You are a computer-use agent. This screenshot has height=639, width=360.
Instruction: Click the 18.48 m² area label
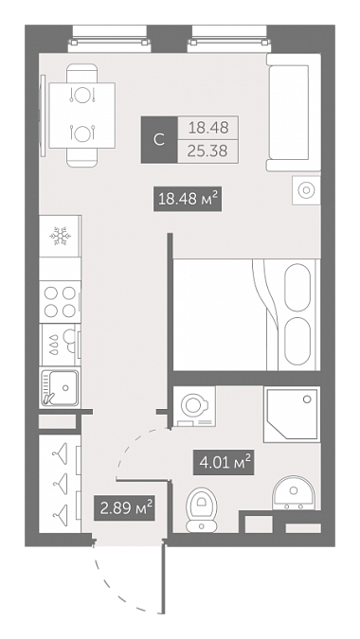(188, 199)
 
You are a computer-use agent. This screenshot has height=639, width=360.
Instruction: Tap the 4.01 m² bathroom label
(224, 463)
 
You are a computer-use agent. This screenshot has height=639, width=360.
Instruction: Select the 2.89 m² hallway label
(124, 507)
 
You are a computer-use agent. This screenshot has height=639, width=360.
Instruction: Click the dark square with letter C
(159, 140)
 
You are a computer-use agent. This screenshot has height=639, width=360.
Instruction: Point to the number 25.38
(207, 151)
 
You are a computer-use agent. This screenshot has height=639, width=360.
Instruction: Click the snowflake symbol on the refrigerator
(59, 237)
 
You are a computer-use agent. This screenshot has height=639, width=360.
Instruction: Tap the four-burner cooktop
(60, 302)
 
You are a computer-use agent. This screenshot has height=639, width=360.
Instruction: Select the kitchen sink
(60, 387)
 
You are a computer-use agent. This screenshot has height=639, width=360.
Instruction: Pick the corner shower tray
(292, 414)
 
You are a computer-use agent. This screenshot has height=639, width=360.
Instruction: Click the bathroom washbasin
(294, 492)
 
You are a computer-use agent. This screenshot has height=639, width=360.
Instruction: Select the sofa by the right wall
(294, 113)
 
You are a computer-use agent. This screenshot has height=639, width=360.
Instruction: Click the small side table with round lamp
(306, 190)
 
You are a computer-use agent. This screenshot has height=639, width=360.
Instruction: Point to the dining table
(82, 115)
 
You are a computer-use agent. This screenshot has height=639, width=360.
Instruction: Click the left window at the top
(109, 38)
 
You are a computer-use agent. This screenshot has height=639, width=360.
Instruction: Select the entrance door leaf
(163, 577)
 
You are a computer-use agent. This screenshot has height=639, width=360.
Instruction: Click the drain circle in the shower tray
(307, 399)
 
